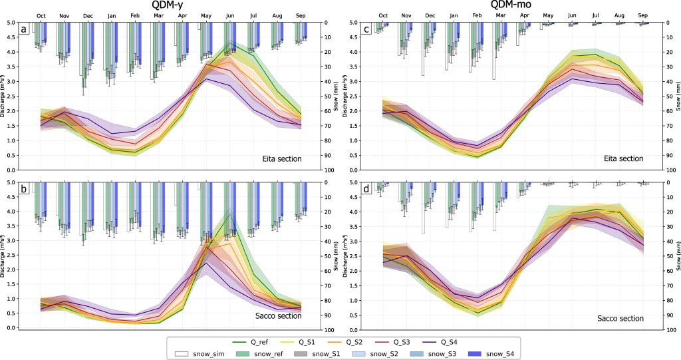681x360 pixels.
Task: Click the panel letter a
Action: pos(25,29)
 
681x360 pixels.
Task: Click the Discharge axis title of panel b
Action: pos(5,256)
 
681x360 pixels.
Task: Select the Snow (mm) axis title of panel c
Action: pos(676,96)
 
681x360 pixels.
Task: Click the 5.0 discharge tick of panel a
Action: pos(13,23)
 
